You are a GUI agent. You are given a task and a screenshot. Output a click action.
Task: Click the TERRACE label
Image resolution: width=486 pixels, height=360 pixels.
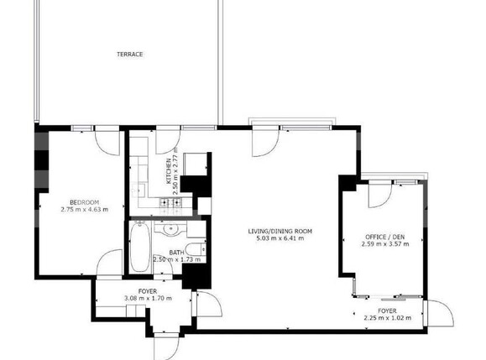point(129,55)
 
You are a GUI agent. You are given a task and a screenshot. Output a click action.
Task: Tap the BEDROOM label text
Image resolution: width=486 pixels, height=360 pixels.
point(85,201)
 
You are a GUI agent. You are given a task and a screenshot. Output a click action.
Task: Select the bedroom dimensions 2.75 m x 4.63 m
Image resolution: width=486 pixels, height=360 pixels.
point(85,210)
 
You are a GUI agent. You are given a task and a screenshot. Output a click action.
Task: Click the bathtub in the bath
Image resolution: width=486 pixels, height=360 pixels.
point(139,249)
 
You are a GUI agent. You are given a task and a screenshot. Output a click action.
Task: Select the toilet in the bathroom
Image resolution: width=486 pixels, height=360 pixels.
point(194,248)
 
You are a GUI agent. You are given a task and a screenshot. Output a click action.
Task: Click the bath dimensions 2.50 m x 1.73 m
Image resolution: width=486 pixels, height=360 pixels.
point(175,260)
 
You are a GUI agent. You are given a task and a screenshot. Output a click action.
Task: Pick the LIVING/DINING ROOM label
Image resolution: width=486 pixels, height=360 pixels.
point(280,231)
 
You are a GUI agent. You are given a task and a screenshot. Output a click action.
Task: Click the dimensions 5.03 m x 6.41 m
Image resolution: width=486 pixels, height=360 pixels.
point(280,239)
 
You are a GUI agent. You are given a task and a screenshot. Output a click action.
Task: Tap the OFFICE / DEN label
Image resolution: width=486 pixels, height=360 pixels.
point(385,237)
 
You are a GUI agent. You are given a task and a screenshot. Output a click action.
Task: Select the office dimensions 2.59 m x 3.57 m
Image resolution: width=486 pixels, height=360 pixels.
point(385,245)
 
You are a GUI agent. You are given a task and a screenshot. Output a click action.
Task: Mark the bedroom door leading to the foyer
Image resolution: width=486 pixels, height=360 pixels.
point(107,264)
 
